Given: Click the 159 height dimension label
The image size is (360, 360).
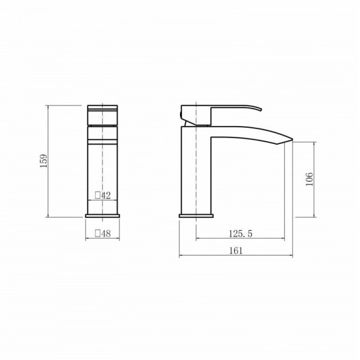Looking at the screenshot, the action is pyautogui.click(x=43, y=161).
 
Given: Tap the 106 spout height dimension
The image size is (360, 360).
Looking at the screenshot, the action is pyautogui.click(x=309, y=179).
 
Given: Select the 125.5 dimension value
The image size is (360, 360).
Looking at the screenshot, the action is pyautogui.click(x=241, y=234).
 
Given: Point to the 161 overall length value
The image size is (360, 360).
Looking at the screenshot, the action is pyautogui.click(x=236, y=250).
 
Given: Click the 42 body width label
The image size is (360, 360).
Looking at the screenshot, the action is pyautogui.click(x=106, y=196).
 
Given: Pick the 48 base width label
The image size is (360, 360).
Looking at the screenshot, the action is pyautogui.click(x=106, y=234).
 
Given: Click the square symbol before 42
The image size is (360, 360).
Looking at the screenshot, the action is pyautogui.click(x=98, y=196).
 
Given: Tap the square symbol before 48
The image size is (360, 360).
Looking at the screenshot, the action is pyautogui.click(x=98, y=234).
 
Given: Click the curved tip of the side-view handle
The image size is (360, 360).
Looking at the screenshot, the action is pyautogui.click(x=261, y=109).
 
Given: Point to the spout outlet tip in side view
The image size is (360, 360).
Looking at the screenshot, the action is pyautogui.click(x=292, y=139).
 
